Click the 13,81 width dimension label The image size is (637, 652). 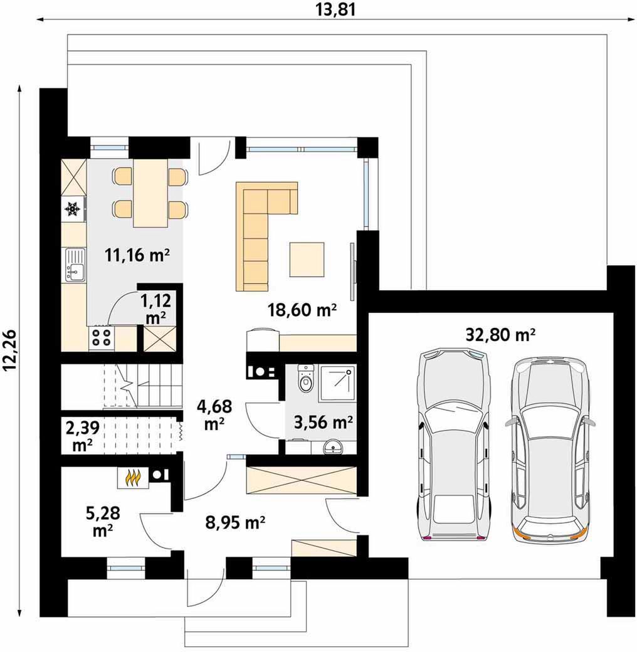coord(336,9)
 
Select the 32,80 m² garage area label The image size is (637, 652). coord(500,334)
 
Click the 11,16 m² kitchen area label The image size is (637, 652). coord(137,255)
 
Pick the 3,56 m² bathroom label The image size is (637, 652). coord(324,423)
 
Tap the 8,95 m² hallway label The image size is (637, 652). coord(235,522)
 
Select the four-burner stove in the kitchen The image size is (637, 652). coord(102,338)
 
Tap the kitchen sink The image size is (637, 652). coord(75,265)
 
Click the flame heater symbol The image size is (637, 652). coord(132,478)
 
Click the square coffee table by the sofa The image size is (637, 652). coord(307,260)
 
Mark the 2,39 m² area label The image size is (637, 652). coord(82,436)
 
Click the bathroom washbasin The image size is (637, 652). coord(334,447)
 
